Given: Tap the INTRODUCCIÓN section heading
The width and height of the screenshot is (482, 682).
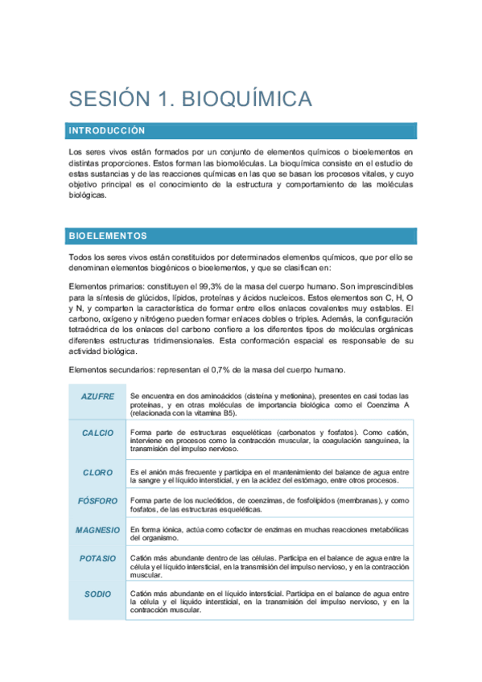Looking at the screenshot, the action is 107,130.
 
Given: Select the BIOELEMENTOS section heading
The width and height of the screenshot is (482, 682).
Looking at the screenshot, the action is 108,236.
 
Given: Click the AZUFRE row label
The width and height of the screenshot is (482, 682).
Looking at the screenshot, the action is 97,396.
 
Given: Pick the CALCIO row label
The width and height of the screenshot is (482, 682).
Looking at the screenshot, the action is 97,433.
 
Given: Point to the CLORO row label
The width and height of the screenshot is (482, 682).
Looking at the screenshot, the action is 97,472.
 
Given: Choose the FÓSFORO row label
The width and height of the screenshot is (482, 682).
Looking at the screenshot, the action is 97,501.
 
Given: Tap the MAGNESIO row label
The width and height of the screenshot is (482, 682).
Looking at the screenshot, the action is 97,531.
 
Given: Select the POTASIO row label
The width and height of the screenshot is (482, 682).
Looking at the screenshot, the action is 97,558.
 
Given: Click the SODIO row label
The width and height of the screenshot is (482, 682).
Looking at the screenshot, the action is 97,594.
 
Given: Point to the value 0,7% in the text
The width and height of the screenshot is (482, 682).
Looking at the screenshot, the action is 232,370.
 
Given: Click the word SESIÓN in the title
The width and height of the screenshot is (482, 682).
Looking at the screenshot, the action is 109,99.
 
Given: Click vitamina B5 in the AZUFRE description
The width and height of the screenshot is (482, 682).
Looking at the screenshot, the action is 209,415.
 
